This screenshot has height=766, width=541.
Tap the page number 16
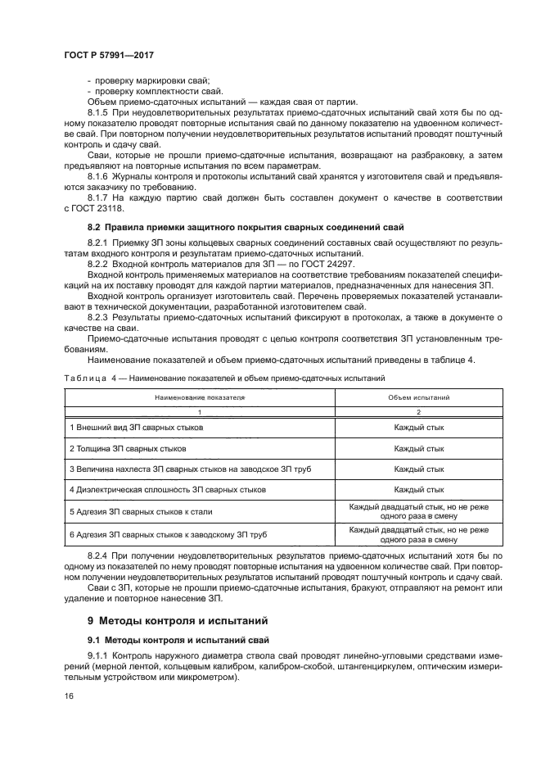tap(67, 696)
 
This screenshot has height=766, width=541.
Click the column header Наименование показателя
tap(200, 396)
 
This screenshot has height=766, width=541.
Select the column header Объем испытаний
tap(418, 396)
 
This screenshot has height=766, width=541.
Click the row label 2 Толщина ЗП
tap(127, 449)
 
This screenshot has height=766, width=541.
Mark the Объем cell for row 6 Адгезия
tap(418, 535)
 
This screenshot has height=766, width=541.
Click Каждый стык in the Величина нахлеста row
tap(418, 469)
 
